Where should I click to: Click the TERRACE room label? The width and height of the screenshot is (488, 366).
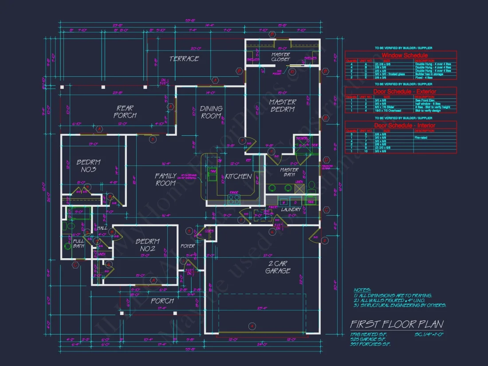click(x=184, y=59)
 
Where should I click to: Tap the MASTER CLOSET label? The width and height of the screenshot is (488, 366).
click(x=280, y=57)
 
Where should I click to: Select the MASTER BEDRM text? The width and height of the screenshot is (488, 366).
click(x=283, y=106)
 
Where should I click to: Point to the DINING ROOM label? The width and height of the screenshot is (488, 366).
click(x=211, y=112)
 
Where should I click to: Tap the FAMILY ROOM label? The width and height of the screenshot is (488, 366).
click(x=165, y=179)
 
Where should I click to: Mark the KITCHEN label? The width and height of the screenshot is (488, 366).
click(x=238, y=177)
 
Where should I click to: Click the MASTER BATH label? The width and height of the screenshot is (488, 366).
click(x=289, y=173)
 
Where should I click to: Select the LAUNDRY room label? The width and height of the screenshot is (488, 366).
click(x=291, y=209)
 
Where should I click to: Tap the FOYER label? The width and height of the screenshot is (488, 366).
click(x=188, y=246)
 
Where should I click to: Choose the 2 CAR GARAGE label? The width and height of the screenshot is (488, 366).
click(x=278, y=267)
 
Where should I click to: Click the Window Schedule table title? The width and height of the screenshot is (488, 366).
click(x=401, y=55)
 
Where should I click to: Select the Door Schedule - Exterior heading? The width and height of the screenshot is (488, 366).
click(x=401, y=91)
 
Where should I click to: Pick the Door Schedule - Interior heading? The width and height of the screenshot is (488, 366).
click(x=401, y=126)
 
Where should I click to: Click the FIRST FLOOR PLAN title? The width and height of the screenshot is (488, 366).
click(x=396, y=324)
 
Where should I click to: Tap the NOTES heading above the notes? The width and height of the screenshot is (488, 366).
click(x=362, y=290)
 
